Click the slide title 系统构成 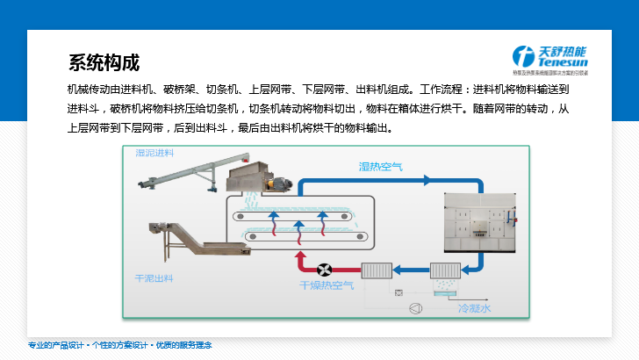coord(104,64)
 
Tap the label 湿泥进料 coord(154,153)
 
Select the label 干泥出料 coord(154,278)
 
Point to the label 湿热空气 coord(380,166)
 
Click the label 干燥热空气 coord(327,285)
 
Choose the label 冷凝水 coord(474,308)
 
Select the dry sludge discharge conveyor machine coord(176,243)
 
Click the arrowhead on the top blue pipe coord(427,180)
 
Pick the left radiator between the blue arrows coord(377,270)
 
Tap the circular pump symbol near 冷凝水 coord(414,308)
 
